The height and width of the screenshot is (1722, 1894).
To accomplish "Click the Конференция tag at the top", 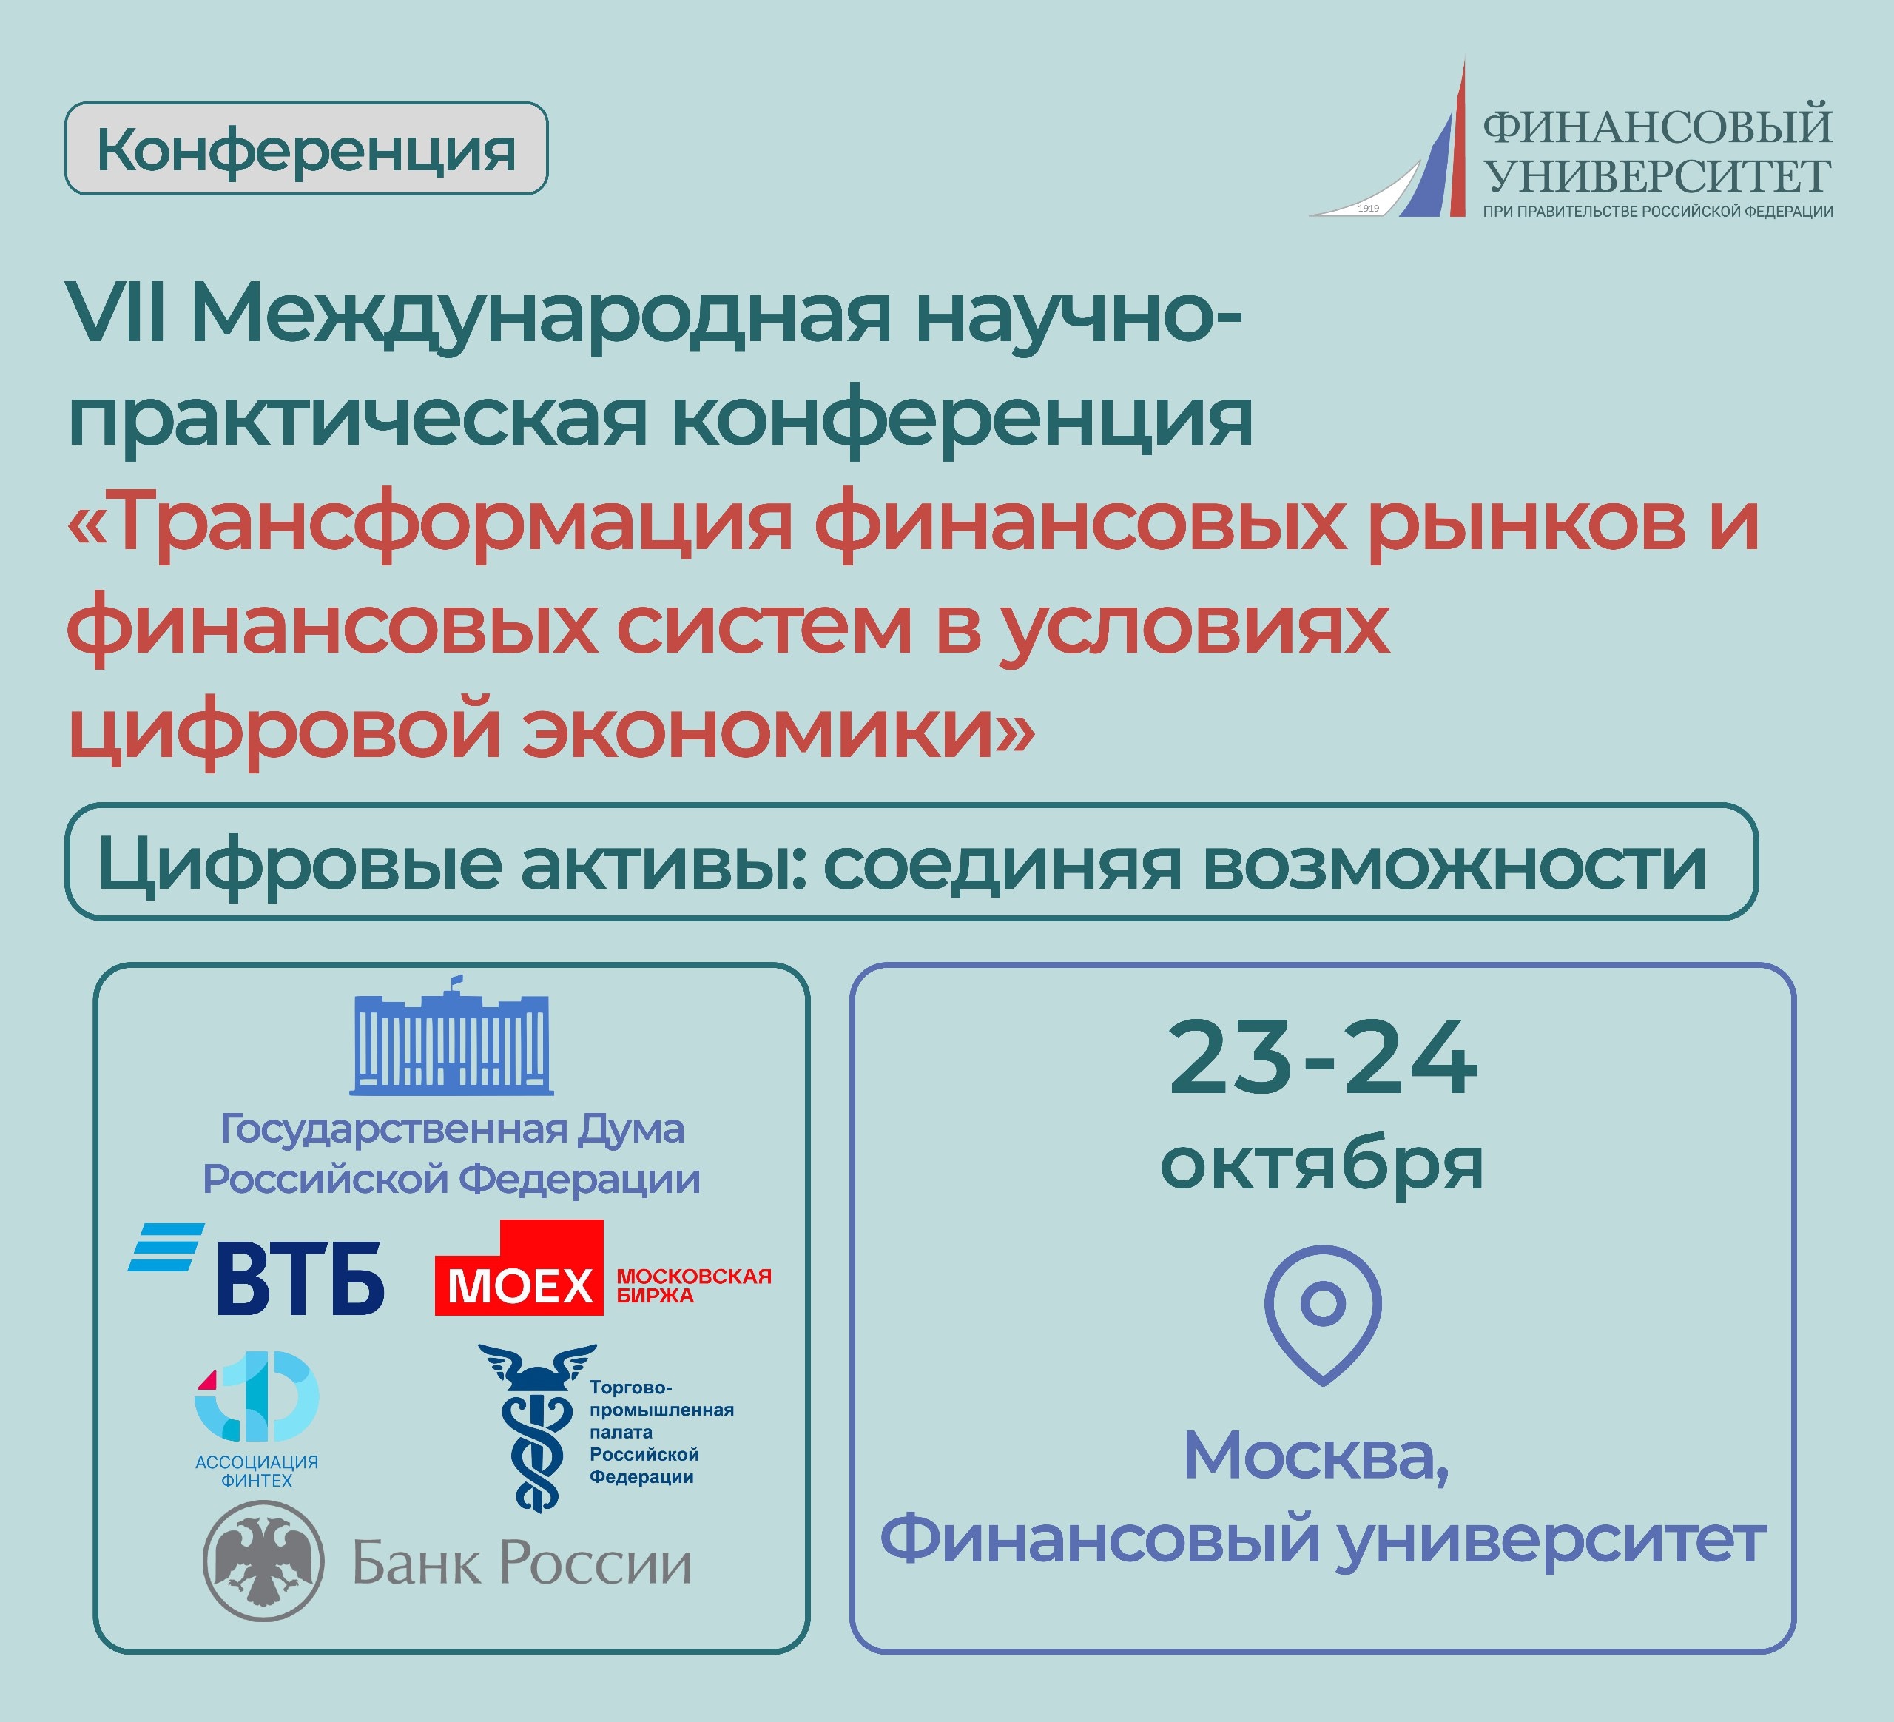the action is tap(306, 149).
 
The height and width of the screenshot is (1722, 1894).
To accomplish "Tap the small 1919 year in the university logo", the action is tap(1368, 208).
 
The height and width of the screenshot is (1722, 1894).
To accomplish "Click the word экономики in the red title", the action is tap(759, 731).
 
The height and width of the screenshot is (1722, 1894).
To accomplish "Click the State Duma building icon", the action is tap(451, 1035).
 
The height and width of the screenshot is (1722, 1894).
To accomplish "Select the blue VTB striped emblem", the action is tap(166, 1247).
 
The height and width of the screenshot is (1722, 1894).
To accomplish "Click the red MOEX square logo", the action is tap(519, 1268).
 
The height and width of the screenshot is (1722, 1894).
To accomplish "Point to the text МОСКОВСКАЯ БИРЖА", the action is tap(693, 1285).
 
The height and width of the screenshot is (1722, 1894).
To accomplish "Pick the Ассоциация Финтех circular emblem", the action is tap(257, 1397).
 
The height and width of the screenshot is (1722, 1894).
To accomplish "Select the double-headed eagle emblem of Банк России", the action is tap(264, 1562).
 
